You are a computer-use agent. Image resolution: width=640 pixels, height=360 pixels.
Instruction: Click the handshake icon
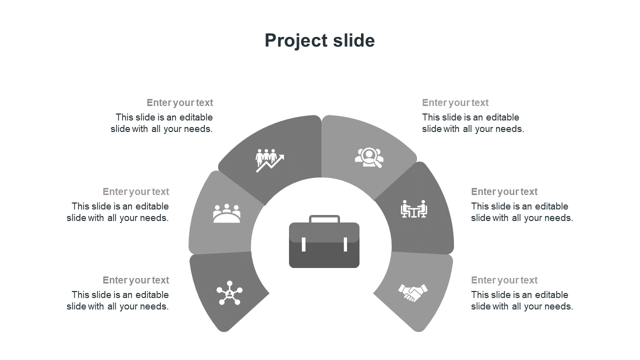[x=413, y=292]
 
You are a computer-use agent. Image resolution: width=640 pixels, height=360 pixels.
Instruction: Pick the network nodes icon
[x=229, y=292]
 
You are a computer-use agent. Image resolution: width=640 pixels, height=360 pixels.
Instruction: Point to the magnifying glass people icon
[x=369, y=157]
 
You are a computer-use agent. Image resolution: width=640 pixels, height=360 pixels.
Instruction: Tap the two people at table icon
[x=414, y=209]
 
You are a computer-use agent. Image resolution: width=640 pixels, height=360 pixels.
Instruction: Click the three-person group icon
[x=226, y=213]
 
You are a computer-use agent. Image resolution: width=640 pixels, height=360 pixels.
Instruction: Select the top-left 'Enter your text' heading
[x=180, y=103]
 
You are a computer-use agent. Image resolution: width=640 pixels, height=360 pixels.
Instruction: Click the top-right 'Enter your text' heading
[x=455, y=103]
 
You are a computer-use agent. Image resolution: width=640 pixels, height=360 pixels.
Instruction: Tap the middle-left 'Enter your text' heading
[x=136, y=192]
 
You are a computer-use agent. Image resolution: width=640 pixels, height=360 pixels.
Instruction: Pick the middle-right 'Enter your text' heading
[x=504, y=192]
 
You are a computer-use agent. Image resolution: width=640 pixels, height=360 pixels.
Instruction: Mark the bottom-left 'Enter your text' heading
[x=136, y=280]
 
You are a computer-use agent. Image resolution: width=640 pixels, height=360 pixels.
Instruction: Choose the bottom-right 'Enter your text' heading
[x=504, y=280]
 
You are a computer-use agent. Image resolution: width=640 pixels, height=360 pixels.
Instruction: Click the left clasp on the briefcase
[x=303, y=244]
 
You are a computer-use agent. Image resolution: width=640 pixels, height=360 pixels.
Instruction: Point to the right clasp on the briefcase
[x=345, y=244]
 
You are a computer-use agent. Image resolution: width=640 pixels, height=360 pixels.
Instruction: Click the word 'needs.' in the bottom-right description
[x=560, y=306]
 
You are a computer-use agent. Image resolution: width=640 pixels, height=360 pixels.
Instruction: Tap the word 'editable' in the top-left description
[x=195, y=117]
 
